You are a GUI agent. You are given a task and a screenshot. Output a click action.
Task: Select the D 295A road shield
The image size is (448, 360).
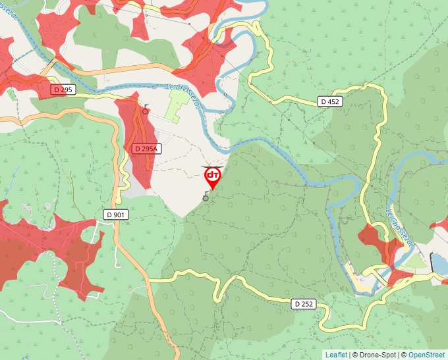146,149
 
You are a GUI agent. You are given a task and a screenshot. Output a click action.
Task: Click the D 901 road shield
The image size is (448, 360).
116,215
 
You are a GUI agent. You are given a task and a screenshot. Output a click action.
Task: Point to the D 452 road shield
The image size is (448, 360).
330,101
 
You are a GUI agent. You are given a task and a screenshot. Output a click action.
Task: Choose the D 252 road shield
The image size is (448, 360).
302,303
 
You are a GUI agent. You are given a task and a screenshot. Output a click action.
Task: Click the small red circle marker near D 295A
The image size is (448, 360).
145,111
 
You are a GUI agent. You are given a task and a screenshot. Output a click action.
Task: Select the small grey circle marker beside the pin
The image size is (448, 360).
206,197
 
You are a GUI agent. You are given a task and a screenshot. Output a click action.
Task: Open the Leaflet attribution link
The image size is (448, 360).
336,355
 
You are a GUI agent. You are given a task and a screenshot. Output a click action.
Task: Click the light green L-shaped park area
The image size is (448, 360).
176,105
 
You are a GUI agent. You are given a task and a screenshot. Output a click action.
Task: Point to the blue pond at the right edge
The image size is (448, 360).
439,263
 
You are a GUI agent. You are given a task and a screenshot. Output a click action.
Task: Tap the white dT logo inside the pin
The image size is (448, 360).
213,175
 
